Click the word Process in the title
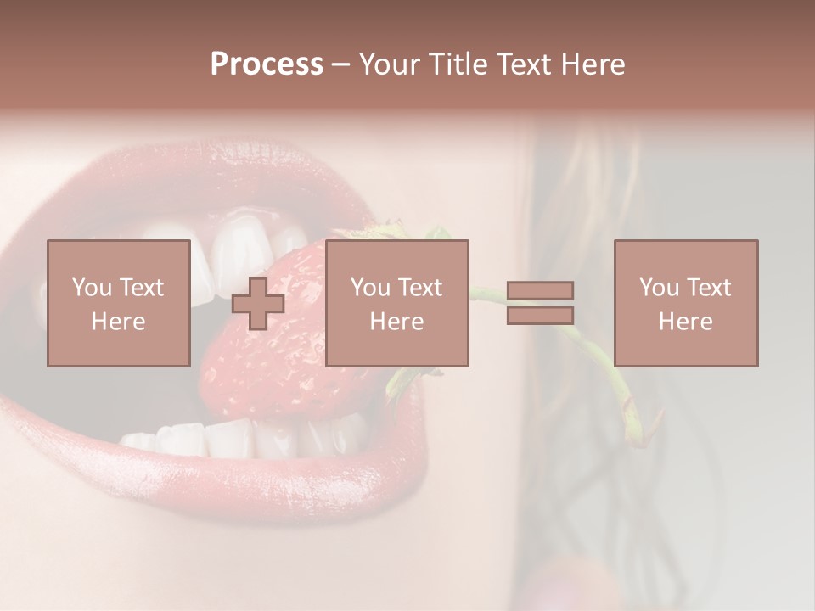click(x=267, y=64)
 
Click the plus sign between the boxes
click(x=257, y=304)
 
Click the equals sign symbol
click(x=540, y=303)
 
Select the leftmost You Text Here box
click(x=118, y=303)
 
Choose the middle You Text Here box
click(x=396, y=303)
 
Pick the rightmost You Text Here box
click(x=685, y=303)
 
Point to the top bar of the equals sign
click(x=540, y=291)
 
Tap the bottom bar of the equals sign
click(x=540, y=315)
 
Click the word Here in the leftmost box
click(x=118, y=322)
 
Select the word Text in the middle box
click(x=420, y=288)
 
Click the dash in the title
click(x=340, y=64)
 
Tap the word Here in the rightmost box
click(x=685, y=322)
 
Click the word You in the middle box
click(x=370, y=288)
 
